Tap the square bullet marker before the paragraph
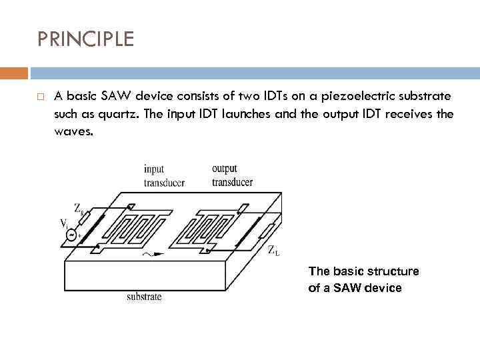tap(41, 97)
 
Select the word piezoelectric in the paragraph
tap(364, 96)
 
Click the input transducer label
tap(164, 175)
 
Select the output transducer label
tap(232, 175)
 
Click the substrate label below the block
tap(144, 297)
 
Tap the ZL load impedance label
tap(273, 250)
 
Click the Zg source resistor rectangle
tap(85, 215)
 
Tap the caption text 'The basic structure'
tap(363, 271)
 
